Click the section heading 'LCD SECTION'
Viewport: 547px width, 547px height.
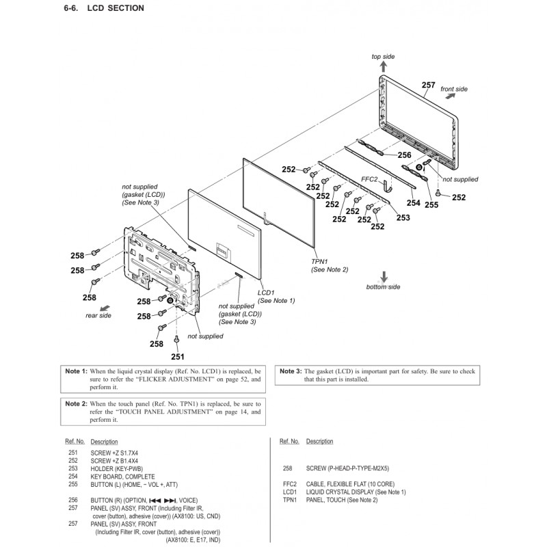click(121, 8)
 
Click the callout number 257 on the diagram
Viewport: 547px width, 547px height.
click(429, 85)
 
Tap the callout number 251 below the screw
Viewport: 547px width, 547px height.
click(177, 356)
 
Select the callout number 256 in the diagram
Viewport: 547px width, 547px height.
click(404, 155)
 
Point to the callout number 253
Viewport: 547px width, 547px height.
click(403, 218)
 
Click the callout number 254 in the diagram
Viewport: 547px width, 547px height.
click(413, 203)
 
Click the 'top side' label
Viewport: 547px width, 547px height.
click(383, 56)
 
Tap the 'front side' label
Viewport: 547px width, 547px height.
click(454, 90)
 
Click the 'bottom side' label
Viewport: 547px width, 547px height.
click(383, 287)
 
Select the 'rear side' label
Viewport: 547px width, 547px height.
click(98, 315)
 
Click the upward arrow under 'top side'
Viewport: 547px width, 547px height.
click(383, 66)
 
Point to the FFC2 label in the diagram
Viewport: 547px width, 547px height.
click(369, 179)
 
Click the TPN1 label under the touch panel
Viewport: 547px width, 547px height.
click(319, 261)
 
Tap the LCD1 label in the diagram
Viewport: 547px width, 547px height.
click(265, 292)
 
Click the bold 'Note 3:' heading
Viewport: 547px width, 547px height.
click(289, 371)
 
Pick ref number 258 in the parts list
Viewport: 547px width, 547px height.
click(287, 468)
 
